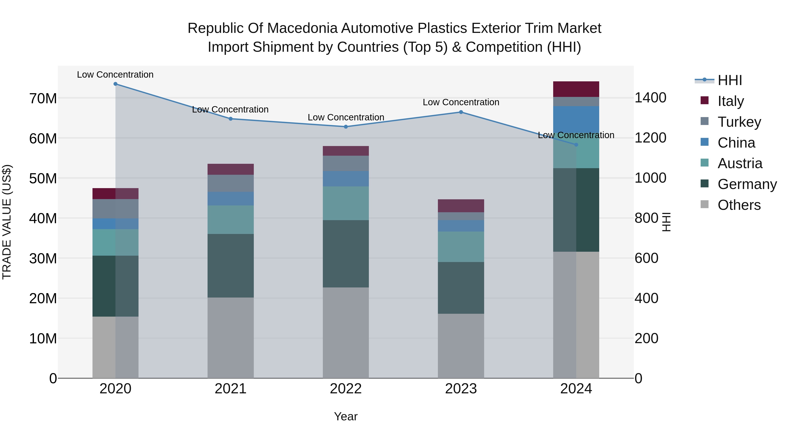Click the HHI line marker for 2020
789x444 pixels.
[116, 84]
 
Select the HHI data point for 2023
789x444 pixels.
[461, 112]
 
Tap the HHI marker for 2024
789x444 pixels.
[576, 145]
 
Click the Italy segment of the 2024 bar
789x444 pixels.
[576, 89]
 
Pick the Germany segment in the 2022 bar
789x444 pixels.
[346, 254]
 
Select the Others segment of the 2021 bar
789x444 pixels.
[231, 338]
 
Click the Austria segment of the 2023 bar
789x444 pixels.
[461, 247]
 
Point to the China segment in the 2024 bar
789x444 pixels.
[576, 119]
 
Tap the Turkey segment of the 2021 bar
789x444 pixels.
[231, 183]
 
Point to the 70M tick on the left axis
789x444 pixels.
[43, 99]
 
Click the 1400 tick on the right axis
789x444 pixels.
[650, 98]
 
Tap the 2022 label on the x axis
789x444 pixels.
[346, 389]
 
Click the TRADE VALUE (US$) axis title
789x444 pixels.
[7, 222]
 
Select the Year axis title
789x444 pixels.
[346, 416]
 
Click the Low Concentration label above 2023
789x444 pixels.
[461, 102]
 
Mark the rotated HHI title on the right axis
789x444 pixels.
[666, 222]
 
